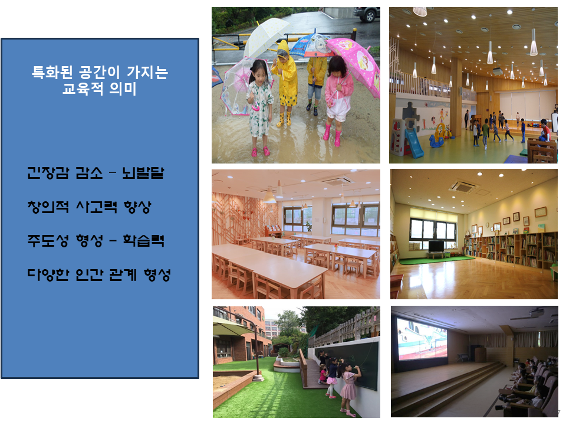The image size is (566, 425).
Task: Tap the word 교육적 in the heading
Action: [x=83, y=88]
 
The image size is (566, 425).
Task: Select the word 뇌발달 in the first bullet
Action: [x=143, y=173]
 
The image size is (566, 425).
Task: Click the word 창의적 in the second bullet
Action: [x=48, y=207]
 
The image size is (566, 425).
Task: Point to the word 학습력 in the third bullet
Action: [x=143, y=240]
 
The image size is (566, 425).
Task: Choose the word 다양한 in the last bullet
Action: [x=48, y=274]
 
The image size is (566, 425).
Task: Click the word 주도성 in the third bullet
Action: [x=48, y=240]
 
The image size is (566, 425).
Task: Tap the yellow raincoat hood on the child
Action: [x=282, y=48]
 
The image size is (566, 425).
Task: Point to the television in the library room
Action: [x=436, y=247]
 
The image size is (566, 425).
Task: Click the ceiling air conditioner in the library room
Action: [x=463, y=187]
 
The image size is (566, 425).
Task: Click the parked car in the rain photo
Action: [x=366, y=14]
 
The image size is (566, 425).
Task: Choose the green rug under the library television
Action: [x=435, y=260]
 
